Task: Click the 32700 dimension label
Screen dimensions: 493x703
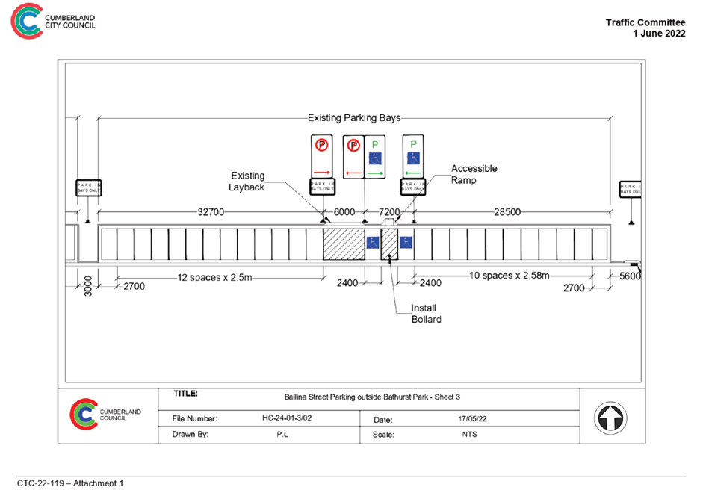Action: (x=211, y=212)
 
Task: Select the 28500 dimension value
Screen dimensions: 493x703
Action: (x=507, y=212)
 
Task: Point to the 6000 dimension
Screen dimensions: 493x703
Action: (x=344, y=212)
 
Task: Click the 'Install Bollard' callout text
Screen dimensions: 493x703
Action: (x=427, y=314)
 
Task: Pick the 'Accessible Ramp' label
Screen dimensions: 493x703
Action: (x=474, y=175)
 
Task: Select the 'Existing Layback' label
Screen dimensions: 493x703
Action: (x=247, y=182)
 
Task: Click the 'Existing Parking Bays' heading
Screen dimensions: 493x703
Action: (x=354, y=118)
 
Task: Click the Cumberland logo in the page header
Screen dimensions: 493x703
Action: (x=27, y=23)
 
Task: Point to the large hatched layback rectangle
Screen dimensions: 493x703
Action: (x=344, y=244)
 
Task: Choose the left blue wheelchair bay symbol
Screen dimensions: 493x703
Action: (x=372, y=243)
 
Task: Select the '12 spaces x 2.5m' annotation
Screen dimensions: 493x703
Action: (x=215, y=276)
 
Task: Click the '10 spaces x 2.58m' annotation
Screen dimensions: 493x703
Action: (x=509, y=276)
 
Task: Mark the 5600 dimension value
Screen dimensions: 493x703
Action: (x=630, y=276)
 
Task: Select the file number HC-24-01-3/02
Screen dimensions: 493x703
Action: (x=288, y=418)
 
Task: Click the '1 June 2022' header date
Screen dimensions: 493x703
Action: (x=659, y=34)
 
